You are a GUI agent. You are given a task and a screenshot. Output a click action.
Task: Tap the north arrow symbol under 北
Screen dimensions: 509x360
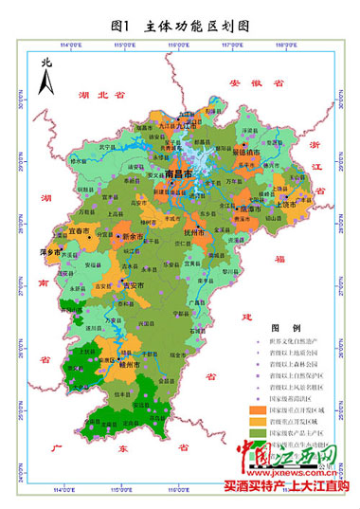[x=45, y=84]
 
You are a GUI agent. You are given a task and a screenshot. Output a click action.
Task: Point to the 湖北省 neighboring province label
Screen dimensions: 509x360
[x=95, y=95]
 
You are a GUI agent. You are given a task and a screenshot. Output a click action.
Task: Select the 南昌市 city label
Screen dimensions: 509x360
[x=178, y=175]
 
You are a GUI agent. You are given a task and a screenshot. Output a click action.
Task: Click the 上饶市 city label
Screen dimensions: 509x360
[x=282, y=203]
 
